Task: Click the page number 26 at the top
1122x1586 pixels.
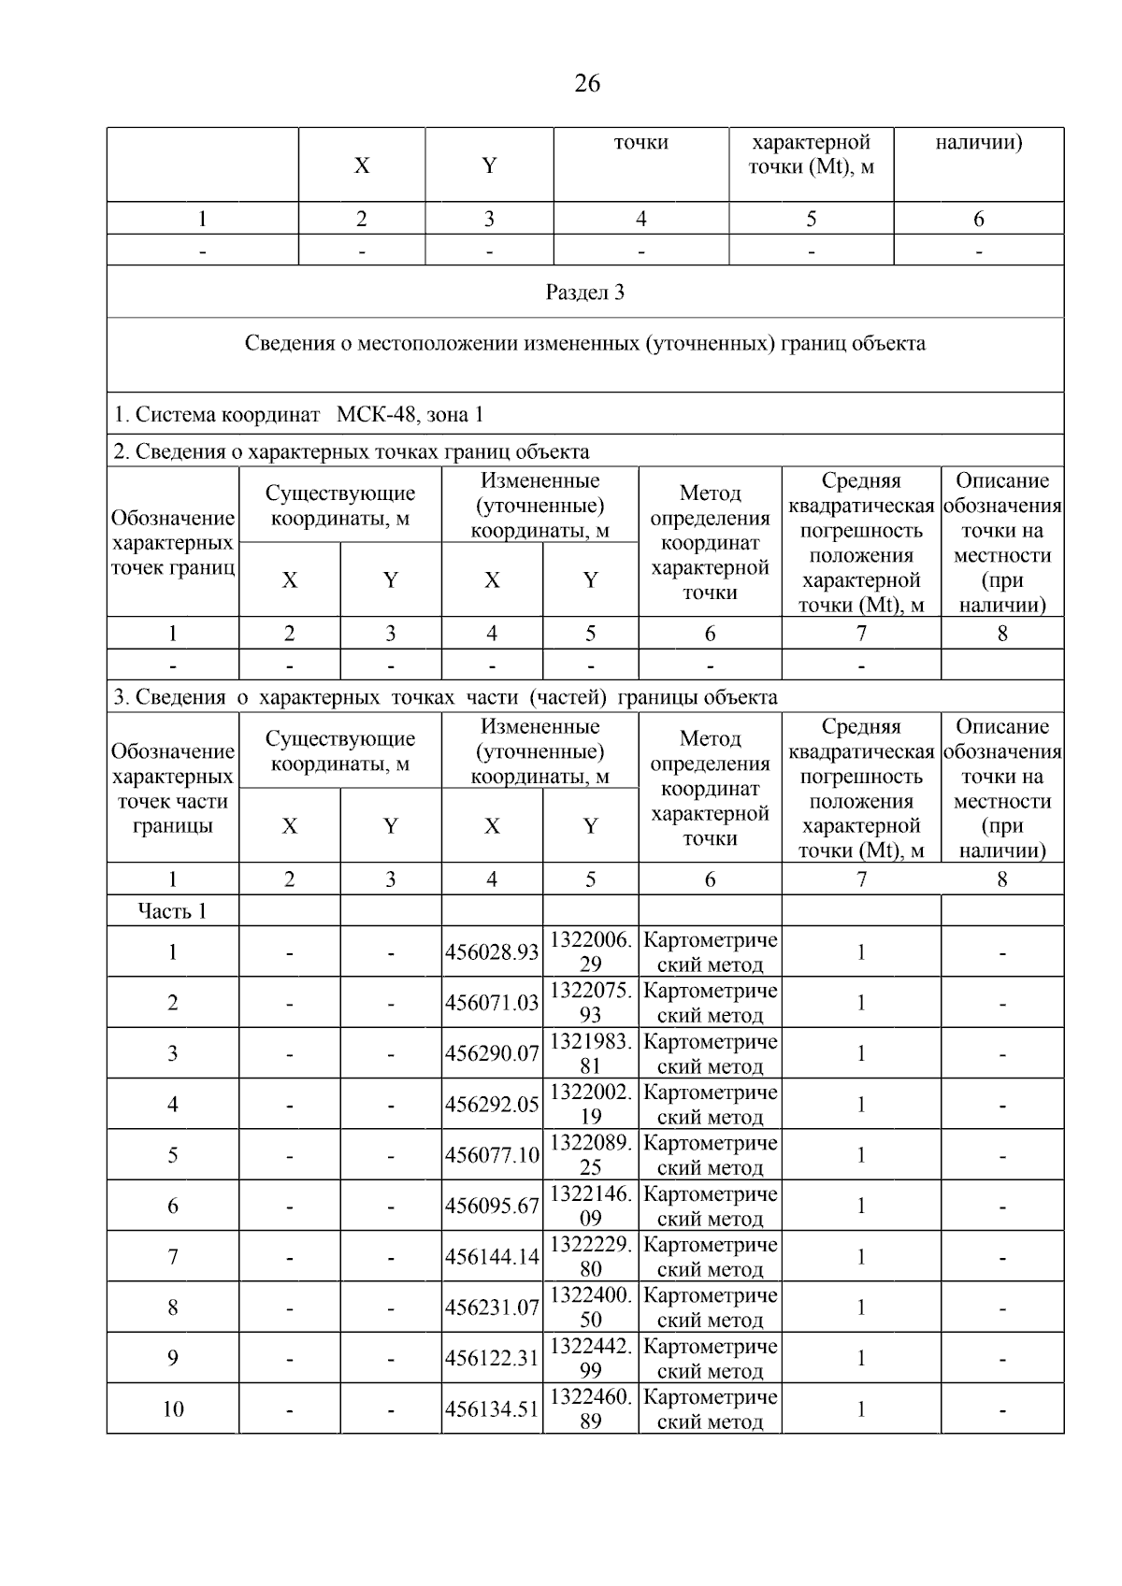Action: [586, 84]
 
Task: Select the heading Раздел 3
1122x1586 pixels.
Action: [584, 293]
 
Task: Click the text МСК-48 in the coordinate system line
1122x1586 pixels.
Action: [374, 414]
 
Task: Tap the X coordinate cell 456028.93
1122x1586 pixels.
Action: [492, 952]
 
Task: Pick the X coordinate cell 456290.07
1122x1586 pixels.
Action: [492, 1053]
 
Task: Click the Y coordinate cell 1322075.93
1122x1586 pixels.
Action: [590, 1003]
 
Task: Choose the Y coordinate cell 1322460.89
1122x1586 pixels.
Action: [590, 1408]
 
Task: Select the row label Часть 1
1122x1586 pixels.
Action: [172, 911]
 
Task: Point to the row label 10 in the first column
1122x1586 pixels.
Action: [173, 1409]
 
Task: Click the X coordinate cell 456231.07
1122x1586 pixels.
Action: [492, 1307]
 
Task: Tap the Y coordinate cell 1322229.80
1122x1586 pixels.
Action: [590, 1257]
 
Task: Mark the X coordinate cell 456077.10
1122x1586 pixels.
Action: [492, 1155]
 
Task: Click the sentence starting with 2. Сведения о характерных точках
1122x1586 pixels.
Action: [352, 452]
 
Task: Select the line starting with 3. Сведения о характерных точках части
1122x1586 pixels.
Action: [445, 697]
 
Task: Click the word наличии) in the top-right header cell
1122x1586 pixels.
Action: [978, 143]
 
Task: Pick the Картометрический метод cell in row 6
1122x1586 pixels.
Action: [710, 1206]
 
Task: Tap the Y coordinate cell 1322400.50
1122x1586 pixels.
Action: [590, 1307]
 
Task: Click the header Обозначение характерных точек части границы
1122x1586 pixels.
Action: [172, 788]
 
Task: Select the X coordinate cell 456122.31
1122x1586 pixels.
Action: [492, 1358]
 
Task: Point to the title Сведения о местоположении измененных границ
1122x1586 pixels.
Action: [584, 343]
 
